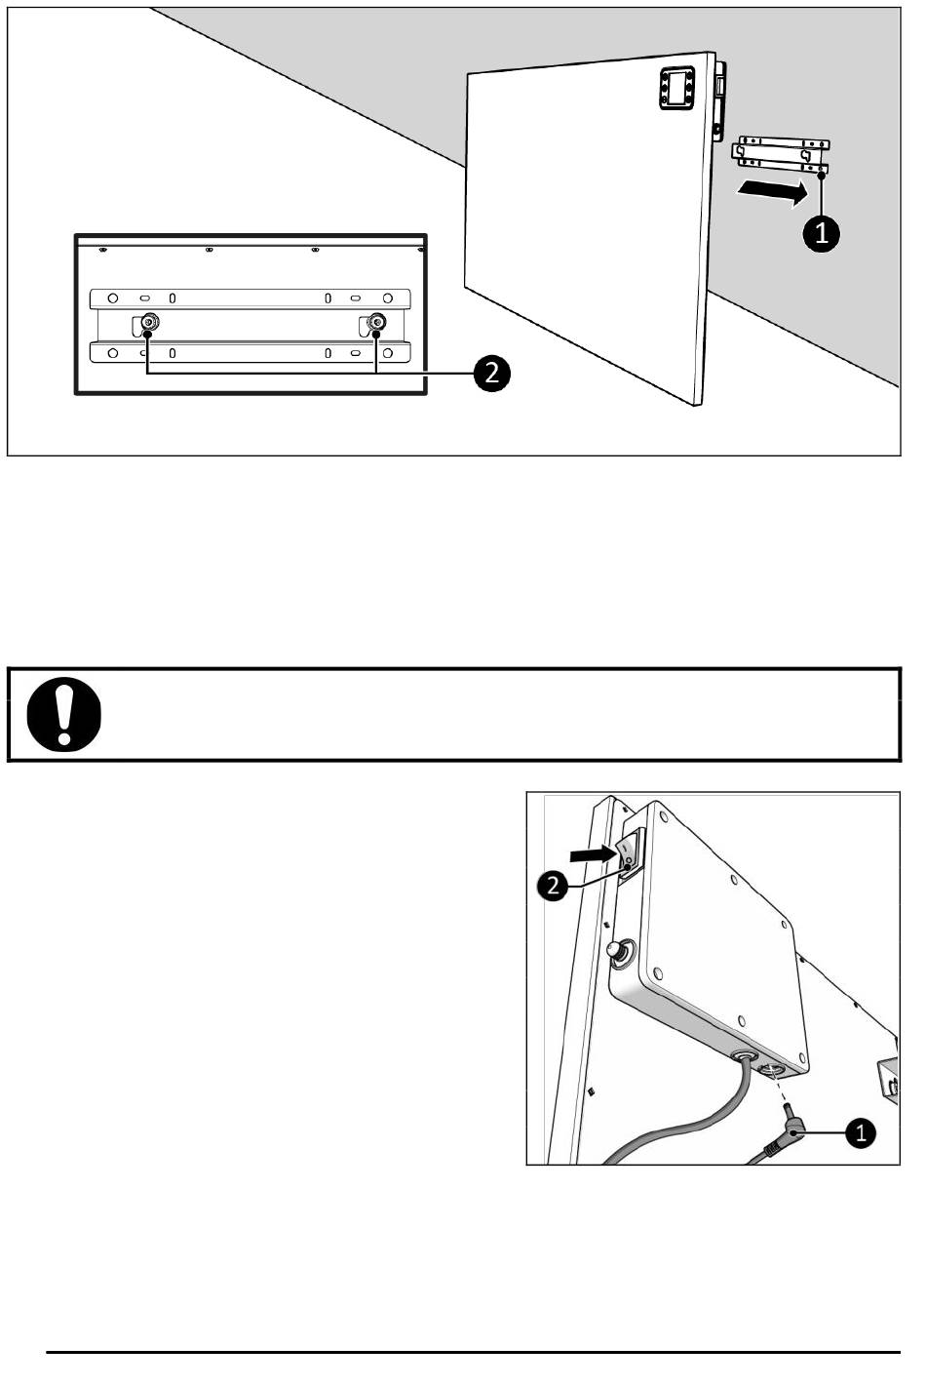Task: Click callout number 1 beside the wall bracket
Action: (821, 233)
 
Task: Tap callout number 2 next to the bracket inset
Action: (491, 373)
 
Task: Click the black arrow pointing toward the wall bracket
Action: (773, 191)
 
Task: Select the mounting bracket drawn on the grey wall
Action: (781, 153)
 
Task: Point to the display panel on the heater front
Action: (676, 88)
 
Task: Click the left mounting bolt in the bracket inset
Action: (149, 323)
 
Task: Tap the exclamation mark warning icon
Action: (63, 714)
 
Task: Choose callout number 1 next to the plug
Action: (860, 1133)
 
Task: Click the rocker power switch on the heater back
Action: (630, 853)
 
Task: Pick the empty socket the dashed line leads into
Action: (771, 1069)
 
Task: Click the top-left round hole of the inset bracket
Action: (113, 298)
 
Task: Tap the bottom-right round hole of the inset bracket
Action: (388, 353)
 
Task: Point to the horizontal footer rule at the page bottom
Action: (474, 1352)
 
